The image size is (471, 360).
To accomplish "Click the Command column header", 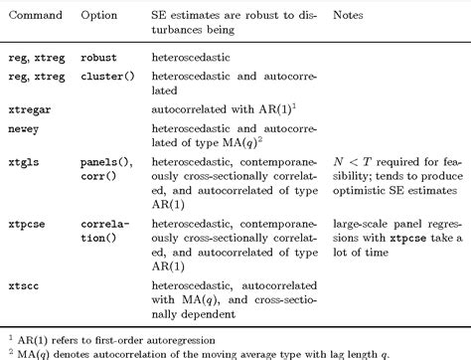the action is coord(33,17).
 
